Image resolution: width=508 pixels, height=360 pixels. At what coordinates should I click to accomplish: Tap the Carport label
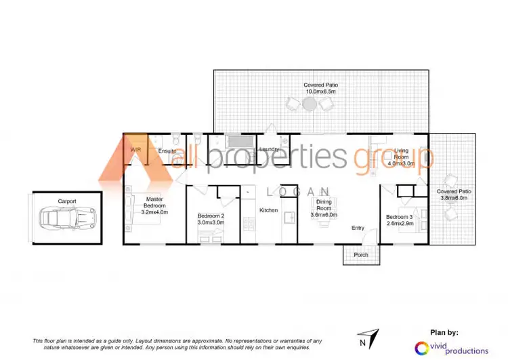[66, 201]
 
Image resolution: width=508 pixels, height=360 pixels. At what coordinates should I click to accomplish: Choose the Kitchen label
[269, 210]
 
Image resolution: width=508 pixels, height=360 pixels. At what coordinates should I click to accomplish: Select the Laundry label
[269, 149]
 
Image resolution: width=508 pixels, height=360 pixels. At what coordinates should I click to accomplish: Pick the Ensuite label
[167, 151]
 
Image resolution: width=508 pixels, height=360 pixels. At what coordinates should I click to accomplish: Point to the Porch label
[361, 255]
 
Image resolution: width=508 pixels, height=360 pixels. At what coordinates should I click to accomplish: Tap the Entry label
[358, 228]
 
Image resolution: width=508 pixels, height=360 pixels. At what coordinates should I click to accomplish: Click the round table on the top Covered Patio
[309, 104]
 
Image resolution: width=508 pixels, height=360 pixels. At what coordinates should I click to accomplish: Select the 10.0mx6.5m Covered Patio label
[322, 88]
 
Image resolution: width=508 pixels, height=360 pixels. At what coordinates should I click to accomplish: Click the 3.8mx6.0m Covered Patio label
[454, 195]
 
